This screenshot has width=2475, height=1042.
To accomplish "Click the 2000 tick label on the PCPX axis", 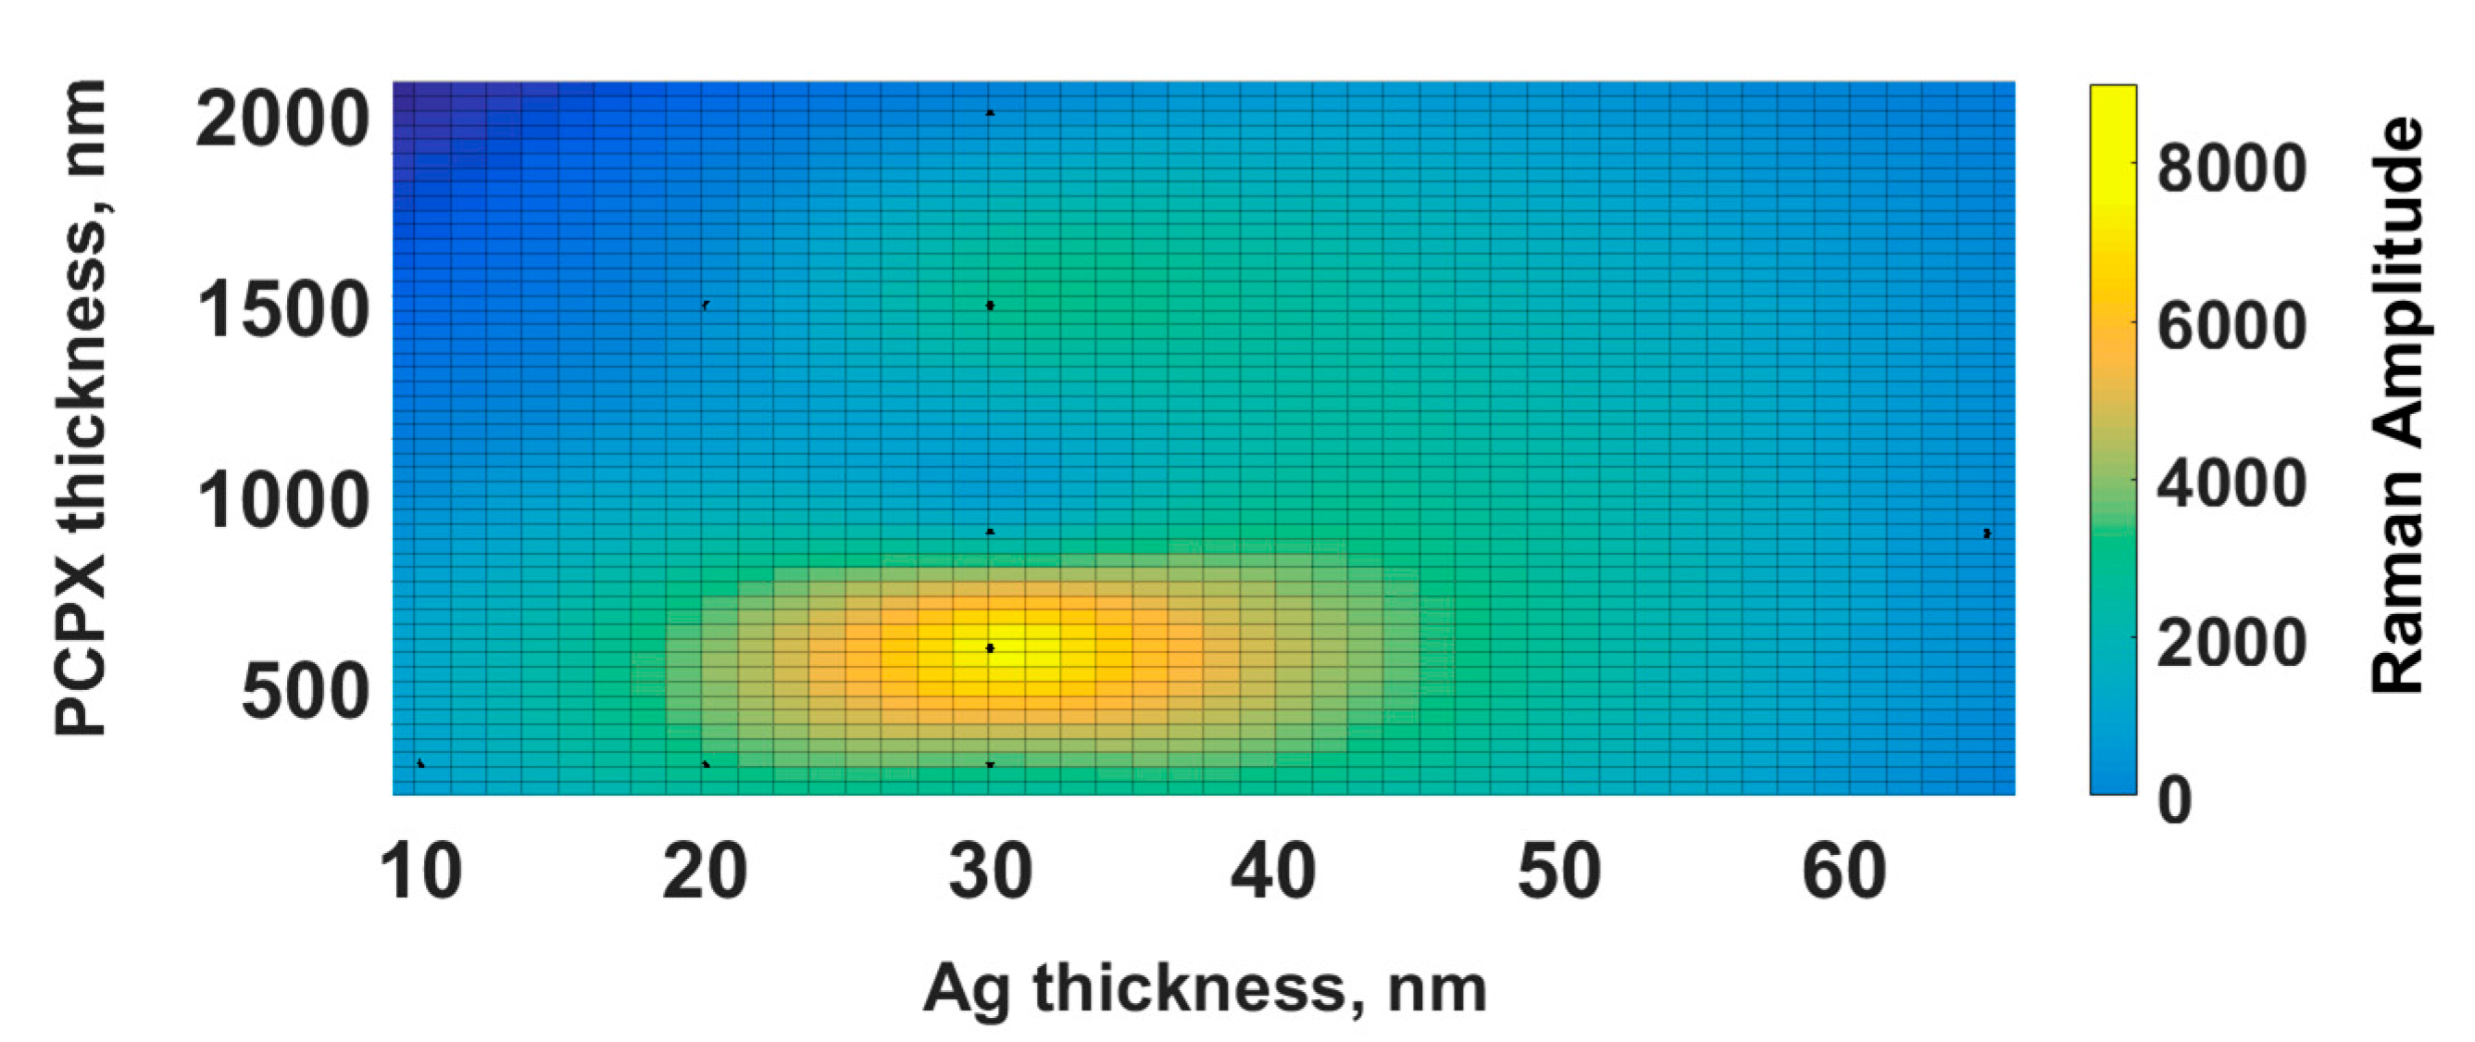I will [282, 121].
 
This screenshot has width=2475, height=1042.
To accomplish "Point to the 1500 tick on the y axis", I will [282, 310].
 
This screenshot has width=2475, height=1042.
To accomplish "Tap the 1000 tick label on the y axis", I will [282, 501].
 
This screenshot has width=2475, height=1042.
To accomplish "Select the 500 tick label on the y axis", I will [305, 691].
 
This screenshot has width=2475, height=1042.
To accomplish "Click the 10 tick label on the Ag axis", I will [420, 872].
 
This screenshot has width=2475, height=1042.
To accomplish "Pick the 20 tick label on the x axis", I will [705, 872].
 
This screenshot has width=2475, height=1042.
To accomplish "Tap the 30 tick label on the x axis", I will [991, 872].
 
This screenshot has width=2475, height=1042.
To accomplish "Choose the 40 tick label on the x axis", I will [1274, 872].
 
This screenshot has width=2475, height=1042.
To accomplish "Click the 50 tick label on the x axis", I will [1559, 872].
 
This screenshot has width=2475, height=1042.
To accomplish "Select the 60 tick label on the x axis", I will [1844, 872].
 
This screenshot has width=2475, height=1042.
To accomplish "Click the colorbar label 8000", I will [2231, 169].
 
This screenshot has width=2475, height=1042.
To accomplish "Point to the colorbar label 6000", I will [2231, 326].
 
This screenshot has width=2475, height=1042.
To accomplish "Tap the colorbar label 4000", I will [2231, 483].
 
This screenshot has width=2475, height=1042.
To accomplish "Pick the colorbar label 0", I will [2175, 799].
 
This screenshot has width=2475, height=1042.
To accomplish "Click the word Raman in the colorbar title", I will [2398, 595].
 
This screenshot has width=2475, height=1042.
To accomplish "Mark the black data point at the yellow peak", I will [991, 647].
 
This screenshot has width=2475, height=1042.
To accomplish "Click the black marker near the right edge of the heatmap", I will [1987, 533].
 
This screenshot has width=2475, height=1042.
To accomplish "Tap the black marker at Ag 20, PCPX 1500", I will [706, 305].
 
